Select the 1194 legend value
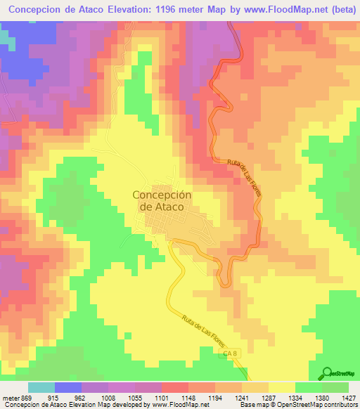tap(216, 398)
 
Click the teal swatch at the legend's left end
tap(41, 387)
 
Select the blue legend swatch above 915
tap(68, 387)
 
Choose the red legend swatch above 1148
tap(175, 387)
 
